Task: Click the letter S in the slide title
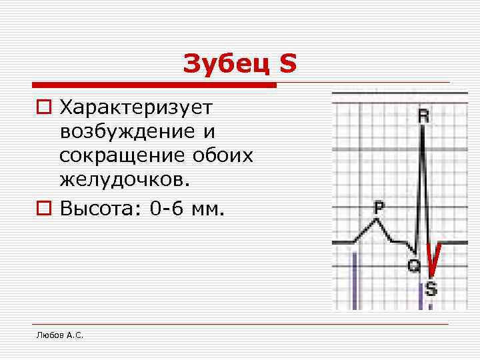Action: pyautogui.click(x=287, y=64)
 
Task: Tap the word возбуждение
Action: pyautogui.click(x=123, y=131)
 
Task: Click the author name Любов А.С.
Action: pyautogui.click(x=59, y=335)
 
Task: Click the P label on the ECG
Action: pyautogui.click(x=379, y=207)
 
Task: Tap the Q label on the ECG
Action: pyautogui.click(x=414, y=266)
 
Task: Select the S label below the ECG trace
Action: pyautogui.click(x=431, y=289)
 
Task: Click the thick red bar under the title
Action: pyautogui.click(x=153, y=85)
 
